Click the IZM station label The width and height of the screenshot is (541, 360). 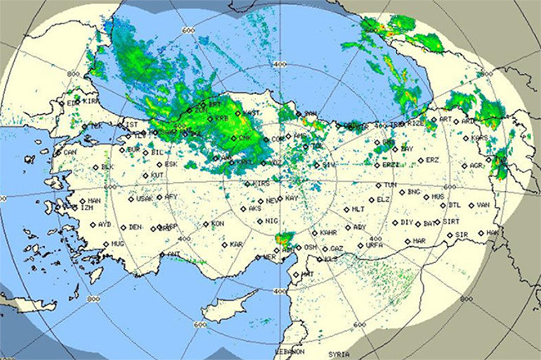click(x=87, y=208)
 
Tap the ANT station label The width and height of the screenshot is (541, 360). click(x=174, y=254)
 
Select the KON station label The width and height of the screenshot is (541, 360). click(x=218, y=224)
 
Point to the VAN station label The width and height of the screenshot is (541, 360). click(x=483, y=205)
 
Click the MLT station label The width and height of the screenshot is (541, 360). click(x=358, y=210)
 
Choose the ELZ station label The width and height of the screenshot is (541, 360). click(x=384, y=200)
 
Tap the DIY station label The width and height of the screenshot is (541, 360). click(x=407, y=222)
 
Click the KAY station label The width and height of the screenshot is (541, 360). click(x=292, y=199)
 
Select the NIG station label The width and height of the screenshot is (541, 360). click(x=272, y=221)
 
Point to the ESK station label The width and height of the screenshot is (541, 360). click(x=171, y=165)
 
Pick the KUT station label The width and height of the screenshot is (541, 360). click(x=157, y=175)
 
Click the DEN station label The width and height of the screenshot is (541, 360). click(x=135, y=228)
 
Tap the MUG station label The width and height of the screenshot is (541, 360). click(x=117, y=243)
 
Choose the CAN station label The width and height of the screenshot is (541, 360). click(x=70, y=152)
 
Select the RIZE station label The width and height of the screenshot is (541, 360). click(x=417, y=123)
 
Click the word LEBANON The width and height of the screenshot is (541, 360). click(x=289, y=351)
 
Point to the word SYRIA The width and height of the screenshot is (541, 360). click(x=339, y=354)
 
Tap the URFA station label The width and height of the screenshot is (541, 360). click(x=374, y=246)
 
